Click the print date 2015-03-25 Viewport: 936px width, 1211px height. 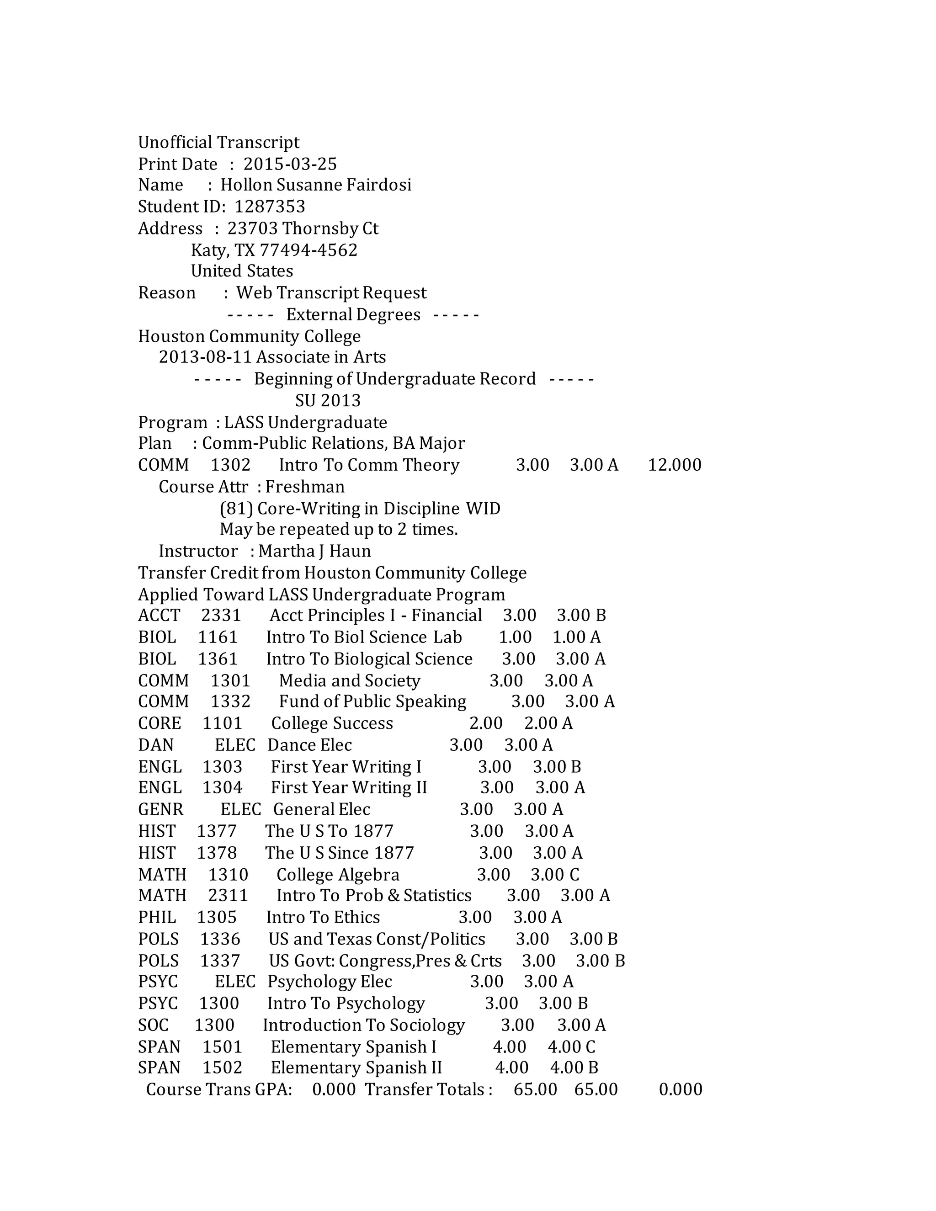[x=290, y=164]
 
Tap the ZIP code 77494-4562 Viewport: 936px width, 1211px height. [x=308, y=250]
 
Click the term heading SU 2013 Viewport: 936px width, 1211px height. [x=328, y=400]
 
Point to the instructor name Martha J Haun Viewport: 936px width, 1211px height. [x=314, y=551]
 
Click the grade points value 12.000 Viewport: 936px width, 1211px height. [x=674, y=465]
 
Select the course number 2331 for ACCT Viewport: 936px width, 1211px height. [x=221, y=616]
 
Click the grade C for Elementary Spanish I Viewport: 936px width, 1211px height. [x=590, y=1047]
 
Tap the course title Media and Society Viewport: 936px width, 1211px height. [x=349, y=681]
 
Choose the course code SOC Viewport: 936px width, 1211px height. [x=153, y=1025]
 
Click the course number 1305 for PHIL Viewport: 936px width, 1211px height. [x=217, y=918]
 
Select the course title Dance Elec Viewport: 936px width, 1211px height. [x=309, y=745]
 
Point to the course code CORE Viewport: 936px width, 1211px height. [x=159, y=723]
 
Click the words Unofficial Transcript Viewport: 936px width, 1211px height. [x=218, y=143]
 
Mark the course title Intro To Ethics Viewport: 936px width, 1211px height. [x=323, y=918]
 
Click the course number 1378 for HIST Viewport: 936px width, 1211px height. [x=217, y=853]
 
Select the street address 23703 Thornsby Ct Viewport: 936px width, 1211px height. [x=303, y=228]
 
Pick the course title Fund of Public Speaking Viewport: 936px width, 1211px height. [x=372, y=702]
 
